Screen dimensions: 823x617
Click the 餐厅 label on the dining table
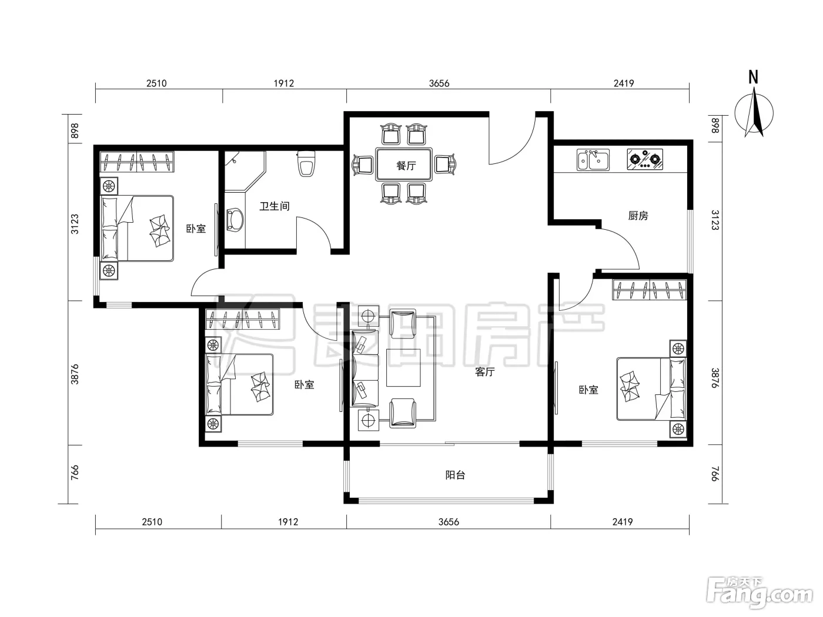406,165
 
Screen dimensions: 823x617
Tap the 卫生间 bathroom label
275,206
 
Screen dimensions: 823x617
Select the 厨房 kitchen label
638,216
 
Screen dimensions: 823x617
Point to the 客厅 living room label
485,371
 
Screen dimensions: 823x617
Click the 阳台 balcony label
455,475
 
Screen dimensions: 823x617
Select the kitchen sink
593,160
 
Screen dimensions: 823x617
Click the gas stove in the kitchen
645,160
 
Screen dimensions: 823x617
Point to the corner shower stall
245,172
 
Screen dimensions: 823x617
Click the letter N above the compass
753,77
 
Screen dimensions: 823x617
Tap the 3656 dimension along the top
439,83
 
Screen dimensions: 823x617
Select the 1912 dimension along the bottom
288,522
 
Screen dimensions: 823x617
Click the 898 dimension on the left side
75,130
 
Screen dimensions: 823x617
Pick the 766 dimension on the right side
715,474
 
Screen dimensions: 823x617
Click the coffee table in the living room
403,367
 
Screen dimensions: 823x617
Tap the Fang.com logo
760,593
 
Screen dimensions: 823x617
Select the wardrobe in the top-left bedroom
137,162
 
